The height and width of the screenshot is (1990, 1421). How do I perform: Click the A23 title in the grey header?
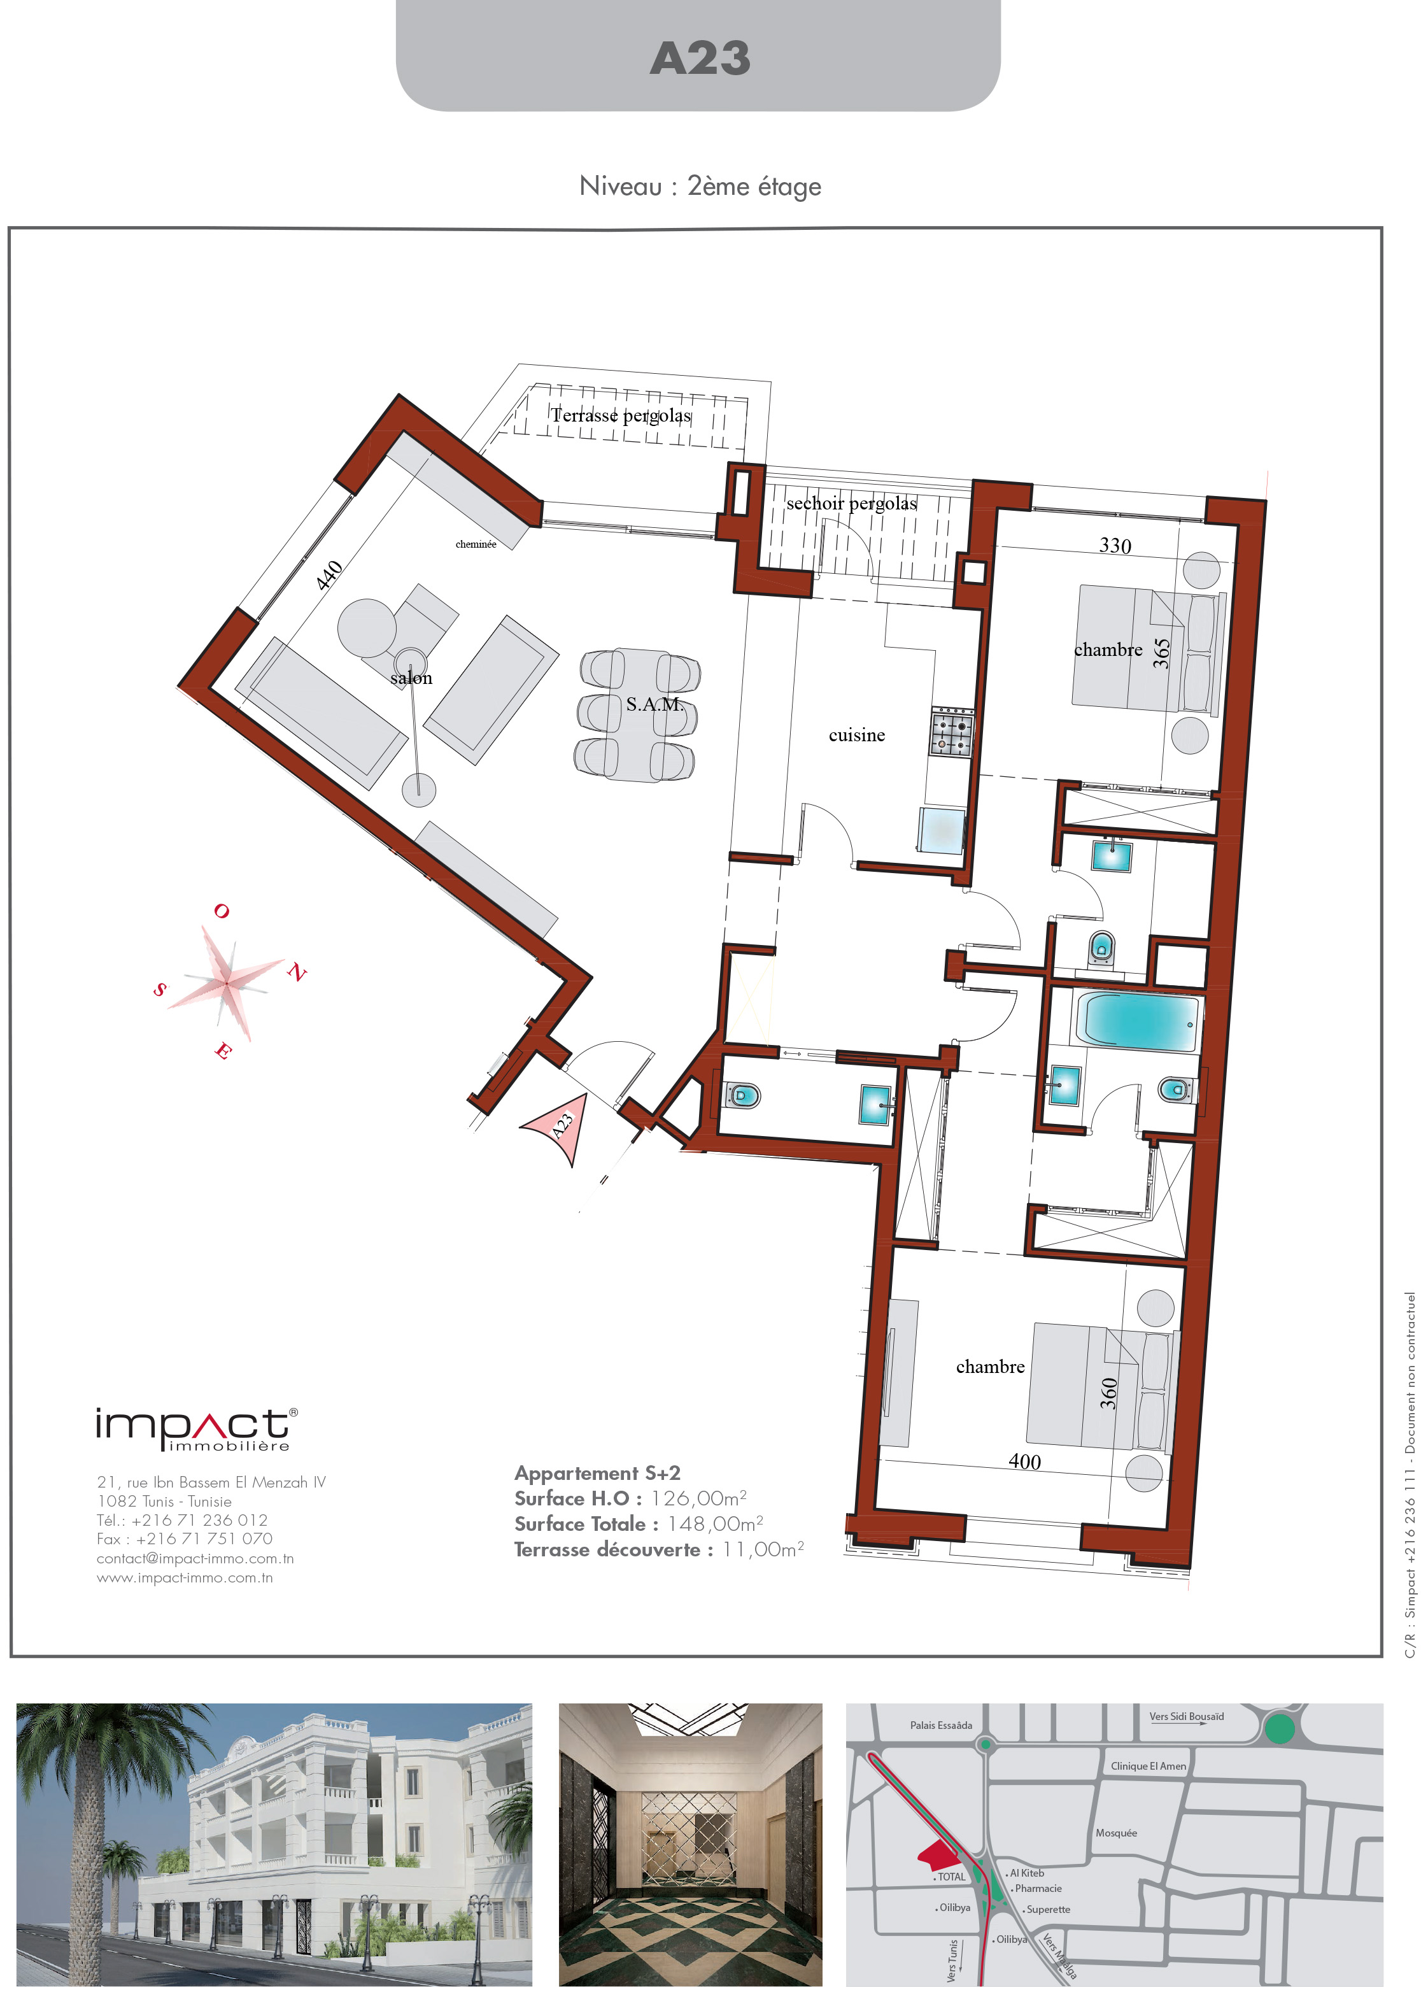[700, 59]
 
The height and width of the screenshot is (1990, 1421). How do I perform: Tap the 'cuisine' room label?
[857, 735]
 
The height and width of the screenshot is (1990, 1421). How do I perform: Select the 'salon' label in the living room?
[411, 678]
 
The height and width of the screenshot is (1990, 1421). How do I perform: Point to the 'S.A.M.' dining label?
[654, 704]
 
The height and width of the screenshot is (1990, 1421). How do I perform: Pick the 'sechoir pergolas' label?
[851, 503]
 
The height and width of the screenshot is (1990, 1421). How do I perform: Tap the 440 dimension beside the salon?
[329, 575]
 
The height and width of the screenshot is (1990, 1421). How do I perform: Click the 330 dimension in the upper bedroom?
[1115, 546]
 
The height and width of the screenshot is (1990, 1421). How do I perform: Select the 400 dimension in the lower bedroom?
[1024, 1461]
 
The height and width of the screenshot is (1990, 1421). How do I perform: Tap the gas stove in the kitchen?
[951, 730]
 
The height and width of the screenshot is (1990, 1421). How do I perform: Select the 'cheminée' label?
[476, 544]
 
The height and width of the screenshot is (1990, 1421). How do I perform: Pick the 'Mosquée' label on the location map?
[1117, 1833]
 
